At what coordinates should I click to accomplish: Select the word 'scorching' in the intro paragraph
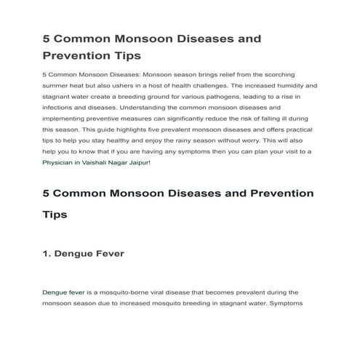pyautogui.click(x=298, y=74)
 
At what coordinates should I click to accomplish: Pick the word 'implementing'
pyautogui.click(x=65, y=118)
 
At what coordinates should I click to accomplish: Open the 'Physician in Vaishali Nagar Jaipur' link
pyautogui.click(x=97, y=162)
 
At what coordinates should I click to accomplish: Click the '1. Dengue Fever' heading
pyautogui.click(x=84, y=254)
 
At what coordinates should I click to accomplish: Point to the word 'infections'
pyautogui.click(x=60, y=107)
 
